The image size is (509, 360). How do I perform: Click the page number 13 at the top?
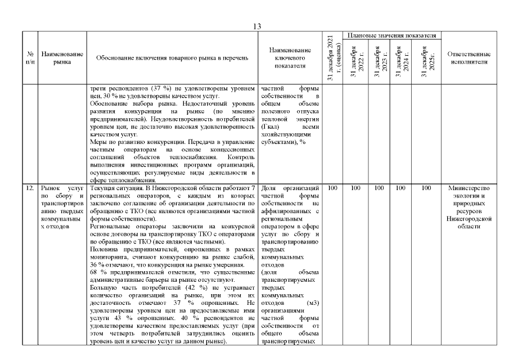pyautogui.click(x=257, y=26)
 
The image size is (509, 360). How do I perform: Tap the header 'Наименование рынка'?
pyautogui.click(x=62, y=58)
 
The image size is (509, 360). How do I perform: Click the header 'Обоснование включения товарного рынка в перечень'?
pyautogui.click(x=172, y=58)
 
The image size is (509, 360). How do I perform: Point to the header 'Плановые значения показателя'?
pyautogui.click(x=392, y=35)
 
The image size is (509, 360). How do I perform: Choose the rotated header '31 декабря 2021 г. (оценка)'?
pyautogui.click(x=332, y=58)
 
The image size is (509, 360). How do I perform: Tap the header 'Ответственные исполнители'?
pyautogui.click(x=470, y=58)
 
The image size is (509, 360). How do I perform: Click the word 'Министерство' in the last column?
pyautogui.click(x=470, y=188)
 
